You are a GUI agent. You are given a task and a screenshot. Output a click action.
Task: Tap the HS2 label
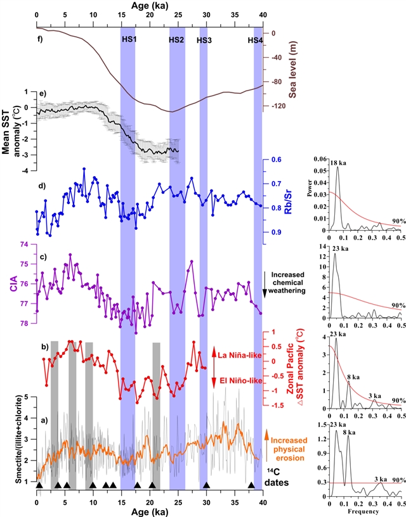coord(177,39)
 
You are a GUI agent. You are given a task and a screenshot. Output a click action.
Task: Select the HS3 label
coord(204,39)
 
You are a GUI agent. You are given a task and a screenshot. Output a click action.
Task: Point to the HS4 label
coord(255,39)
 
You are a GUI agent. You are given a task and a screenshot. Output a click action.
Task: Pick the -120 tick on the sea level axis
coord(278,106)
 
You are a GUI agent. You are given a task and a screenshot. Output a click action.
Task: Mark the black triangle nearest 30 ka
coord(206,485)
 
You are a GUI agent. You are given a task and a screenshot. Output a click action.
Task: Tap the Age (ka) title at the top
coord(149,6)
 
